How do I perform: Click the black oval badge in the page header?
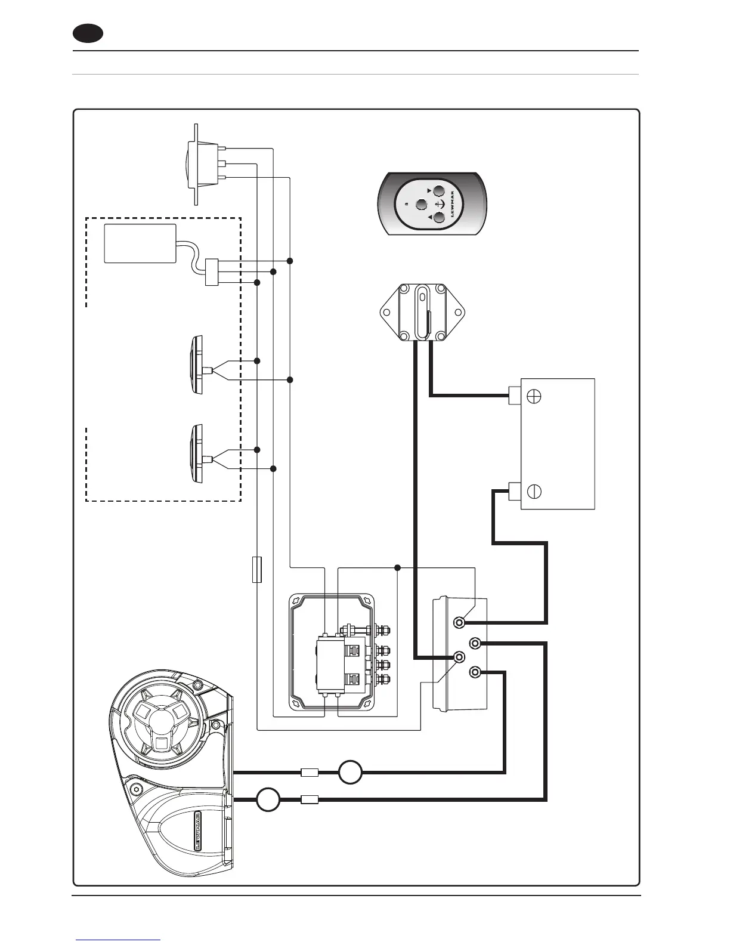point(88,33)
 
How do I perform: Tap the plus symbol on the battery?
point(534,396)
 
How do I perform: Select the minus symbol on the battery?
point(534,492)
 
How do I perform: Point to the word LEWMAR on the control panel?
point(453,205)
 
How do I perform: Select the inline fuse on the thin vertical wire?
point(257,569)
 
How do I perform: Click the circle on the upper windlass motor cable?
point(350,773)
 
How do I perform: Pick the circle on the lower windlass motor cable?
point(268,799)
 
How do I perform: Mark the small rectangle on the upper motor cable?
point(309,773)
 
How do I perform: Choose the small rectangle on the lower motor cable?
point(310,799)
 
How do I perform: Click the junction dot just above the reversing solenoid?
point(398,567)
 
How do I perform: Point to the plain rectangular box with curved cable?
point(140,243)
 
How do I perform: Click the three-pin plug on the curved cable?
point(212,272)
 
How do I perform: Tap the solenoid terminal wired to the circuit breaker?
point(459,657)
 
